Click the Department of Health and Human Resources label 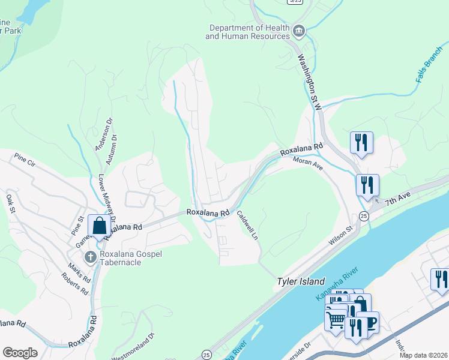click(247, 32)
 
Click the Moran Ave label click(308, 163)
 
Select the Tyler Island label click(300, 281)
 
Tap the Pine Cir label click(25, 160)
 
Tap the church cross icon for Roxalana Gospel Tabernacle click(90, 258)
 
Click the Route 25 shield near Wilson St click(364, 216)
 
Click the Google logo click(20, 353)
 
